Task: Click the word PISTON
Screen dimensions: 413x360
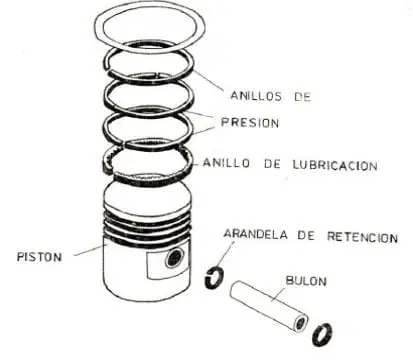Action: [x=39, y=257]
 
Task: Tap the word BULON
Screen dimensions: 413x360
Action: [x=306, y=281]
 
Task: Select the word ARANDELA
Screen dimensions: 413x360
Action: [x=256, y=234]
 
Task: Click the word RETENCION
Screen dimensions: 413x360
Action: [x=362, y=237]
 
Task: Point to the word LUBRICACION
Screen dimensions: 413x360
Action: [x=335, y=165]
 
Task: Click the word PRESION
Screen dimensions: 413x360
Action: [x=250, y=123]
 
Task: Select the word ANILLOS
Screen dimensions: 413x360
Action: [x=256, y=96]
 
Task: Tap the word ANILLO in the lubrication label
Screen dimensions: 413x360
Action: [x=226, y=163]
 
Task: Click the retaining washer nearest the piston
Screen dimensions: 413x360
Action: [x=214, y=277]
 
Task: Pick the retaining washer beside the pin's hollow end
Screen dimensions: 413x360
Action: [x=322, y=334]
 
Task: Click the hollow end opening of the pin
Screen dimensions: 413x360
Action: [x=301, y=323]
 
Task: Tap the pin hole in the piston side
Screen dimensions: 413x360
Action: [x=174, y=257]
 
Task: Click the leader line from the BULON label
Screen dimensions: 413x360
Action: [x=278, y=294]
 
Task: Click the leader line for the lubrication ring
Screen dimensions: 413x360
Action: [x=198, y=164]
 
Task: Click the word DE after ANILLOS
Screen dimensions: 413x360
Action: [x=302, y=97]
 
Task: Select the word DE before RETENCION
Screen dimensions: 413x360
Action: [x=306, y=235]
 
